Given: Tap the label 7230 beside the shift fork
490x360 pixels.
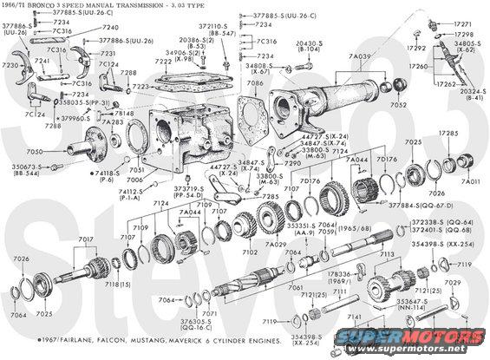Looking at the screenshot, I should click(10, 65).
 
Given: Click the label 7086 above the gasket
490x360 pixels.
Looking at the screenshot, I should click(254, 83).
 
